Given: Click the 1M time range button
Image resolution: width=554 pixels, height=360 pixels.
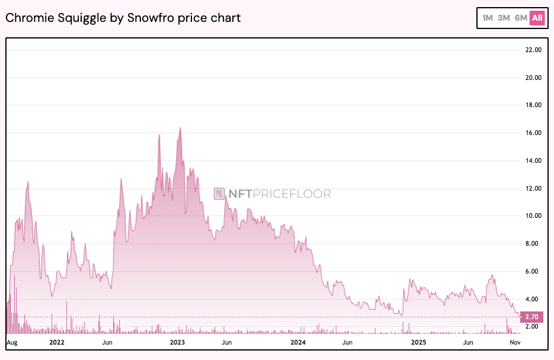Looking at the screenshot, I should point(488,18).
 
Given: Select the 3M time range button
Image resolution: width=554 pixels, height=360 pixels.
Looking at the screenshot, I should point(504,18).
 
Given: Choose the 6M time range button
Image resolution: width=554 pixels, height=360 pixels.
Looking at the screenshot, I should point(521,18).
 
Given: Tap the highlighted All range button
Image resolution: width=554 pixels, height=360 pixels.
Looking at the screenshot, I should point(537,18).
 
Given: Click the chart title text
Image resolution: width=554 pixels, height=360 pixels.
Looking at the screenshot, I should point(123,18).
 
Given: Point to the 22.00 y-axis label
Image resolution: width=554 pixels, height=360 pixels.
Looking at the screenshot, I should point(534,50).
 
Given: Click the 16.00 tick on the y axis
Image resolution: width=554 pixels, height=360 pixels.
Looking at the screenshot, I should point(534,133).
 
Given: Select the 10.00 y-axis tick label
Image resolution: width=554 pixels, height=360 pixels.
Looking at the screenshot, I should point(534,216).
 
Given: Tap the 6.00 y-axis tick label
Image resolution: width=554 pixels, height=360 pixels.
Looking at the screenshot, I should point(534,271).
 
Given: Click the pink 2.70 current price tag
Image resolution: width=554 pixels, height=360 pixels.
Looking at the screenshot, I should point(532,317).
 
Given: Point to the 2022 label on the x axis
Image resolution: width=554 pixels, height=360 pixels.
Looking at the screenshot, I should point(57,342).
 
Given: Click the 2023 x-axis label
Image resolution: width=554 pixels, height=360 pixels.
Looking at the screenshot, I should point(177,342).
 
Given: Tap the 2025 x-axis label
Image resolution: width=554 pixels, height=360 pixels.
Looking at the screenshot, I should point(419,342).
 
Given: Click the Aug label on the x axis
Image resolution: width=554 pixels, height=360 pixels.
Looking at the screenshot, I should point(12,342).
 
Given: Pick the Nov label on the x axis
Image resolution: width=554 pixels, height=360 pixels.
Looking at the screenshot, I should point(515,342).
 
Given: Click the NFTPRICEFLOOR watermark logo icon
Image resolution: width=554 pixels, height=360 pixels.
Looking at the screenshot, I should point(219,194).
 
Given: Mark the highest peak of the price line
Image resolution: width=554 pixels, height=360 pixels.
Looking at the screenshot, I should point(180,128).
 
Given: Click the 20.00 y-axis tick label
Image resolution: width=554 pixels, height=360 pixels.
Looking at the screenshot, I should point(534,78).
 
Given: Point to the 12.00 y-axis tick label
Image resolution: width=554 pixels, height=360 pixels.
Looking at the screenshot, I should point(534,188).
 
